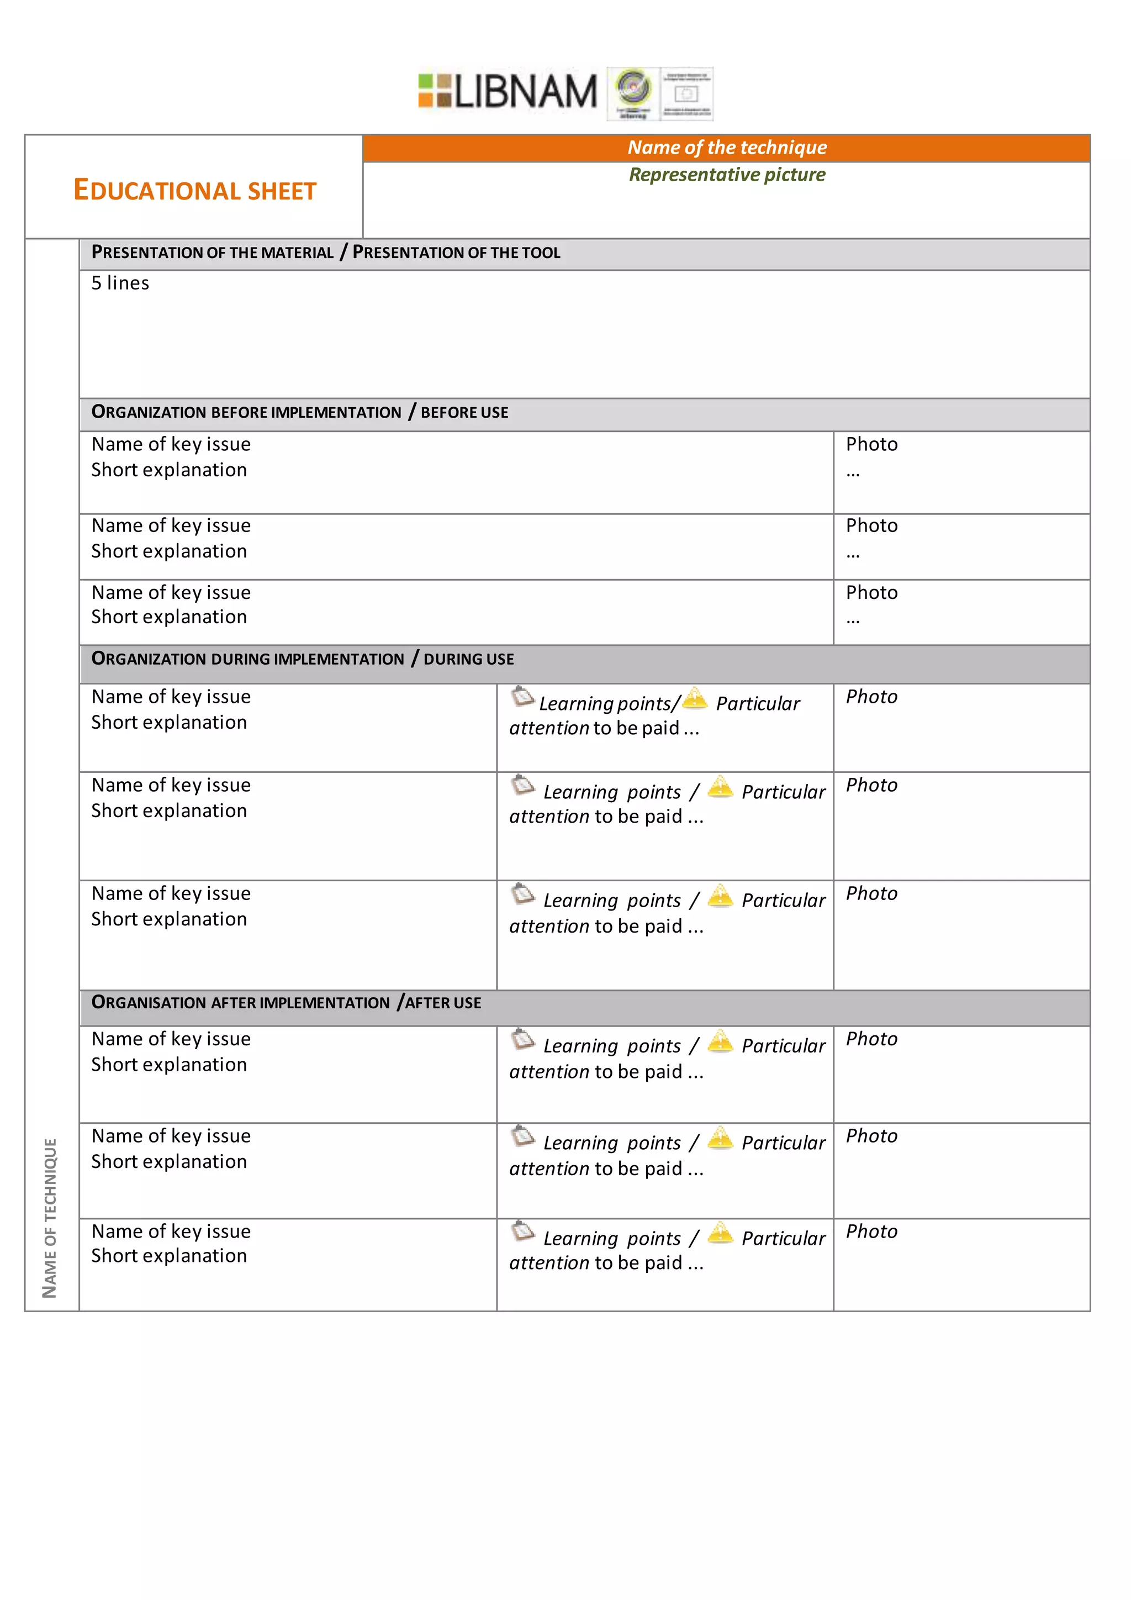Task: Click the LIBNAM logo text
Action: click(x=525, y=91)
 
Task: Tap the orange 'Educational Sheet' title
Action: click(x=194, y=190)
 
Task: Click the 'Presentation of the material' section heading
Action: click(x=213, y=252)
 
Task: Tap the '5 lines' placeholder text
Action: click(x=120, y=283)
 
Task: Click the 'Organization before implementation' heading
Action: click(x=246, y=412)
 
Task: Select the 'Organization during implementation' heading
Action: click(x=247, y=659)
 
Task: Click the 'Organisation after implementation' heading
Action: click(x=240, y=1003)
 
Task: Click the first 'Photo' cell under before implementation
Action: click(x=871, y=445)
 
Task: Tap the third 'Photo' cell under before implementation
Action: click(x=871, y=592)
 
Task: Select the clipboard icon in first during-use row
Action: click(x=522, y=696)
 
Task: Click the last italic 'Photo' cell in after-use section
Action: click(x=871, y=1231)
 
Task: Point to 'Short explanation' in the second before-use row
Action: click(x=169, y=551)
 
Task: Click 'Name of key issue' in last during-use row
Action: click(x=171, y=893)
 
